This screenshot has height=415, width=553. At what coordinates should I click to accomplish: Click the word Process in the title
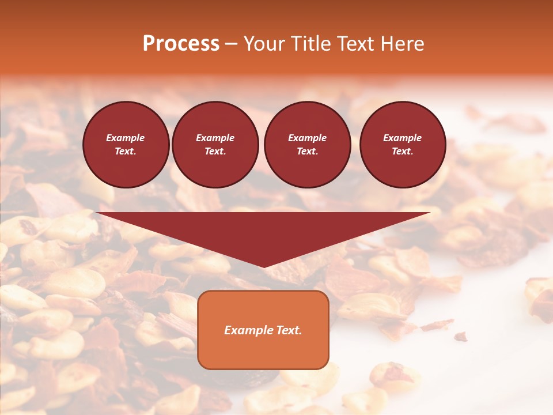pos(181,44)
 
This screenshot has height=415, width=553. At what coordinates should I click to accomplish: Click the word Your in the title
pos(264,44)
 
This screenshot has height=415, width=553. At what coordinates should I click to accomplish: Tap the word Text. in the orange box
pos(290,330)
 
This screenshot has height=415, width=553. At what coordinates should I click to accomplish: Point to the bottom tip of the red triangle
pos(264,267)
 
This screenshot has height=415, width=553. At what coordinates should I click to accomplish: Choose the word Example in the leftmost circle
pos(126,138)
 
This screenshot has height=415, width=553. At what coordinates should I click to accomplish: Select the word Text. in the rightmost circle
pos(403,151)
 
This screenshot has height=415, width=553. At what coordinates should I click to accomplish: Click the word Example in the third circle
pos(307,138)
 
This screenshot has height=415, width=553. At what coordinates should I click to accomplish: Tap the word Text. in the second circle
pos(215,151)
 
